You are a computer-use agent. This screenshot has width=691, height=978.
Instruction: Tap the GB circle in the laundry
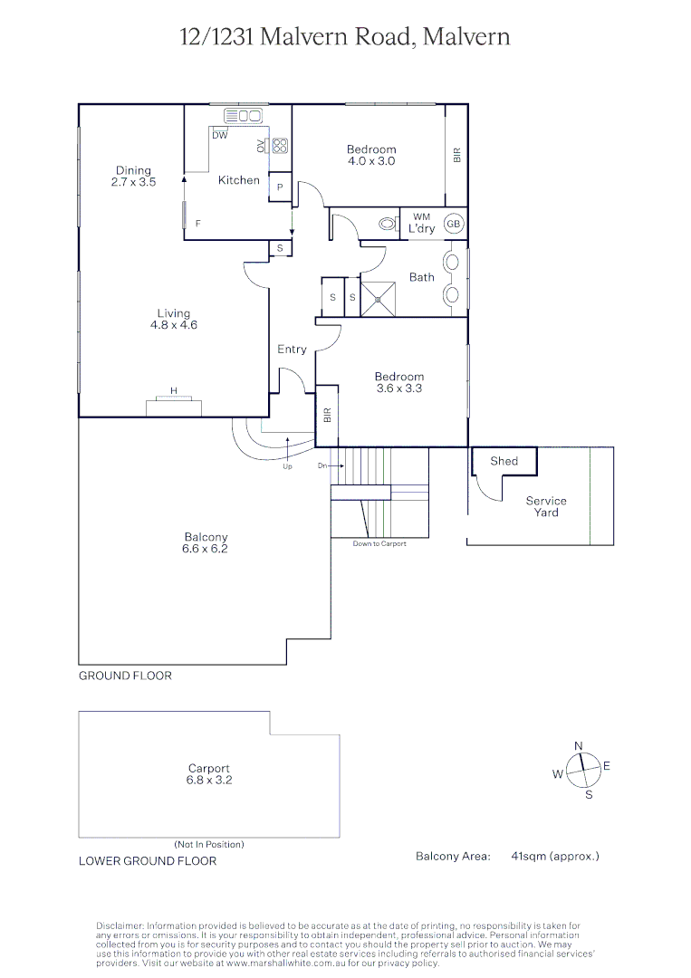coord(454,224)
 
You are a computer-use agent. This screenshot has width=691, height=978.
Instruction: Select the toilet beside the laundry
coord(389,224)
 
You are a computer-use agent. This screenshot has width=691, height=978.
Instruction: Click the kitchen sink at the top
coord(243,116)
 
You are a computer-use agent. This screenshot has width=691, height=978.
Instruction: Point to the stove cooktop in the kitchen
coord(280,145)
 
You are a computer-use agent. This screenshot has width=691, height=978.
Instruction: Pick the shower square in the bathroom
coord(379,299)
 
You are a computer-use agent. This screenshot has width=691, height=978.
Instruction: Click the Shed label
coord(504,461)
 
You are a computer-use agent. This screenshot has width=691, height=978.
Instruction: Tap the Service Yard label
coord(546,506)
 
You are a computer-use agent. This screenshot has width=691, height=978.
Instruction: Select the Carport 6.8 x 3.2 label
coord(209,774)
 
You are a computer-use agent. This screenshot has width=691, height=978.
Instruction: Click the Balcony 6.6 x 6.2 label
coord(206,542)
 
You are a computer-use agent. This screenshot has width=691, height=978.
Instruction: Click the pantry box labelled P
coord(280,187)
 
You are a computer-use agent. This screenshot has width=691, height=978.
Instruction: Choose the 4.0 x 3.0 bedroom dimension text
coord(371,161)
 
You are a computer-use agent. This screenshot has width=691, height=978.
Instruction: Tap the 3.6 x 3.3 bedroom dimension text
coord(399,388)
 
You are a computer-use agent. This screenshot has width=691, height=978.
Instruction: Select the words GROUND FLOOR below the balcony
coord(125,676)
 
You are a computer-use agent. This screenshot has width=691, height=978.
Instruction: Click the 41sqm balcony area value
coord(555,856)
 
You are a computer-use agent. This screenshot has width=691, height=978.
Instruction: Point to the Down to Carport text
coord(379,543)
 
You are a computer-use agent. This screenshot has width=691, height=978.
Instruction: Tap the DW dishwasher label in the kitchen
coord(220,136)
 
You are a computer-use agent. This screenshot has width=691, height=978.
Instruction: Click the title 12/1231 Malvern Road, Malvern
coord(345,36)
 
